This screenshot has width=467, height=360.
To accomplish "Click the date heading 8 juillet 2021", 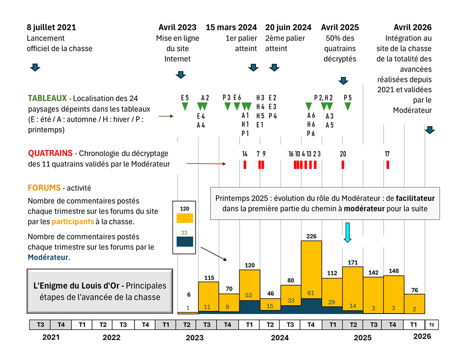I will (51, 27).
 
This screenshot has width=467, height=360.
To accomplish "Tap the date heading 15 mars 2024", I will (231, 27).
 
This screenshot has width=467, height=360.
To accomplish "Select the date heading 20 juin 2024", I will (288, 27).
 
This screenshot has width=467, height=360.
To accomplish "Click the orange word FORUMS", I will (43, 188).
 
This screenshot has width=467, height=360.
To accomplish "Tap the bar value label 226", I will (311, 236).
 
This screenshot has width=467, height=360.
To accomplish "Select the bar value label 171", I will (353, 262).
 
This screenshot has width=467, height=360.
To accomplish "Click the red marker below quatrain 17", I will (387, 164).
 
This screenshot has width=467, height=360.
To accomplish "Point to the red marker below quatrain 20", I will (343, 164).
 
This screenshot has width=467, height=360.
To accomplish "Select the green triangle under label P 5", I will (348, 106).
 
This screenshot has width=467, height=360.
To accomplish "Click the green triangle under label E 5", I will (185, 106).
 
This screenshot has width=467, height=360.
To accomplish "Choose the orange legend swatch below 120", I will (184, 218).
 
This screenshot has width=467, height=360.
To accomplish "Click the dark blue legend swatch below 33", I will (184, 241).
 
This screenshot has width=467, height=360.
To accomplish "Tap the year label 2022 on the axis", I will (111, 337).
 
